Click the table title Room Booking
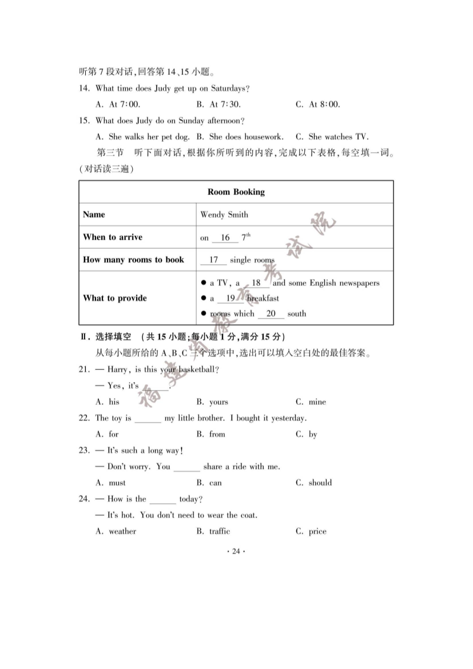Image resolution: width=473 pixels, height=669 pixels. (236, 192)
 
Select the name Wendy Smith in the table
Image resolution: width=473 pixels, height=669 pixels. (224, 215)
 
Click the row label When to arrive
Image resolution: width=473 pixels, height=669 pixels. (113, 237)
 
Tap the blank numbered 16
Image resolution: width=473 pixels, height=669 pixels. (225, 238)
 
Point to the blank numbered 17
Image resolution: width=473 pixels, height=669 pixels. (213, 260)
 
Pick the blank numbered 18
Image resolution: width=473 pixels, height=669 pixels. (256, 283)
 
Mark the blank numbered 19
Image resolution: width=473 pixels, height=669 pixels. (230, 298)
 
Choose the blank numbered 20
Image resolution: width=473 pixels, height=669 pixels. (271, 314)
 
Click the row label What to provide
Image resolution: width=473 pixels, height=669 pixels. (115, 298)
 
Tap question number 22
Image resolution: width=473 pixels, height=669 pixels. (85, 418)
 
